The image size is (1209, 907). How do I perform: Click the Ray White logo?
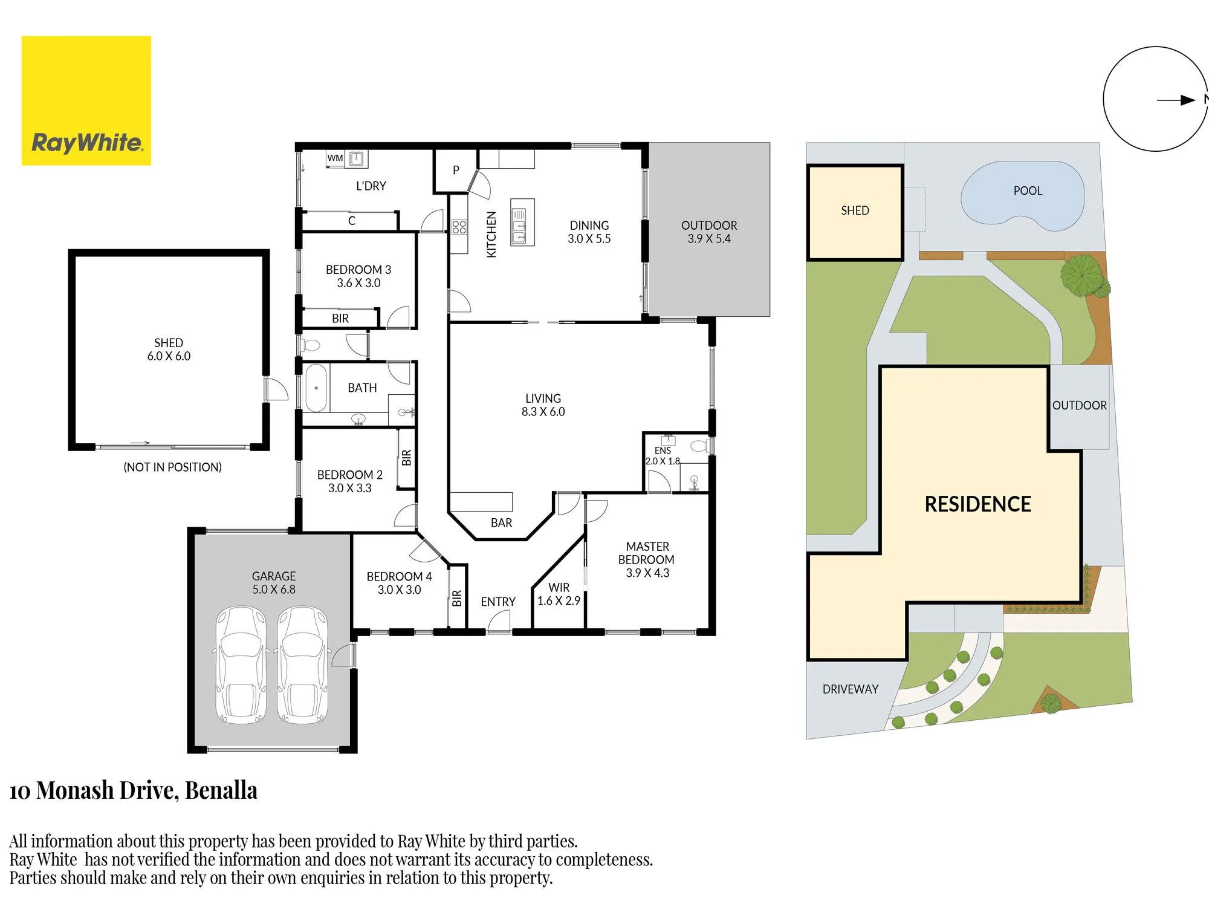(86, 100)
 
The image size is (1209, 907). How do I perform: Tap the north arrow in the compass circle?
(1176, 100)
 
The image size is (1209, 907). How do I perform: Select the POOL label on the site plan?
(1028, 191)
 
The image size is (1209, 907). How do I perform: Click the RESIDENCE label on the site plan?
(977, 504)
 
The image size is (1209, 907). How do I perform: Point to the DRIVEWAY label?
(850, 689)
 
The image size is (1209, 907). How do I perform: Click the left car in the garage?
(241, 665)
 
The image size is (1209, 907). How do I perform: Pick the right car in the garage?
(303, 665)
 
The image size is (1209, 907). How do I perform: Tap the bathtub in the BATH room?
(316, 388)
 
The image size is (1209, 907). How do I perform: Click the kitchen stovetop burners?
(459, 227)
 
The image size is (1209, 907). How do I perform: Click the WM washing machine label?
(335, 158)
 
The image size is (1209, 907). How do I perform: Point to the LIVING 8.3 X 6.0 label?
(543, 405)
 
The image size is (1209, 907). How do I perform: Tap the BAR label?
(501, 523)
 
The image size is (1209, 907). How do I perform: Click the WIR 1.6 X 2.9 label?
(559, 594)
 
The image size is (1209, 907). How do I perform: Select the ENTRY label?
(498, 602)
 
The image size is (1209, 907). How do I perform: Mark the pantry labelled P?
(456, 171)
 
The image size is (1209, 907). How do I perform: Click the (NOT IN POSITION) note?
(172, 467)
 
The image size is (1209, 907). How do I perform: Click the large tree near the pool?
(1082, 276)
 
